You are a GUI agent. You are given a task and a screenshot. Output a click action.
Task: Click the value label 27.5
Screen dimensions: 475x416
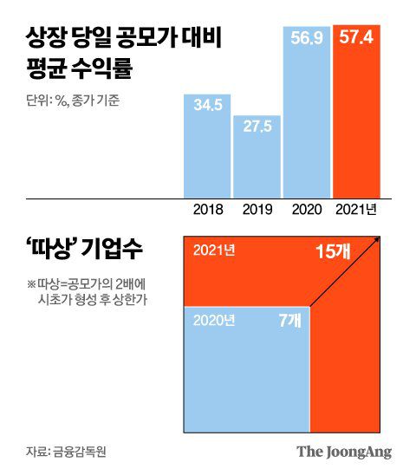tap(257, 127)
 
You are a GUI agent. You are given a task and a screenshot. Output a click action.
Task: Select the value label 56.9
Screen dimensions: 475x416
tap(306, 41)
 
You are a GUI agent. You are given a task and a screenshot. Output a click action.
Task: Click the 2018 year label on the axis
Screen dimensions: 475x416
tap(207, 209)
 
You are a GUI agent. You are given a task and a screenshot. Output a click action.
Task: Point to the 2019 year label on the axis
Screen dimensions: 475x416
tap(257, 209)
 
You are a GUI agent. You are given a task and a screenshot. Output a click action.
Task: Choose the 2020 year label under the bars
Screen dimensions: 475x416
tap(306, 209)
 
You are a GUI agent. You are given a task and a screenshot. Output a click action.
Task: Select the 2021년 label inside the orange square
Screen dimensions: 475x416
tap(212, 251)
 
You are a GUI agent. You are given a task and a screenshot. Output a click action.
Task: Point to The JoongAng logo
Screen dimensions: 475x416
tap(344, 452)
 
